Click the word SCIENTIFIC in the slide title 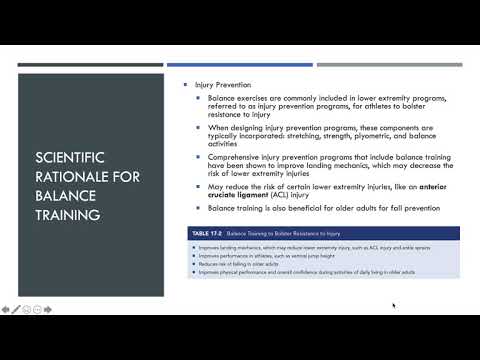67,157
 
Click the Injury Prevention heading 223,85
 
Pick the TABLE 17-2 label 209,233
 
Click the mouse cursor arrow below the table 394,305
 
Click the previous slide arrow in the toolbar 7,310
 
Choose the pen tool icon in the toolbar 17,310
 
